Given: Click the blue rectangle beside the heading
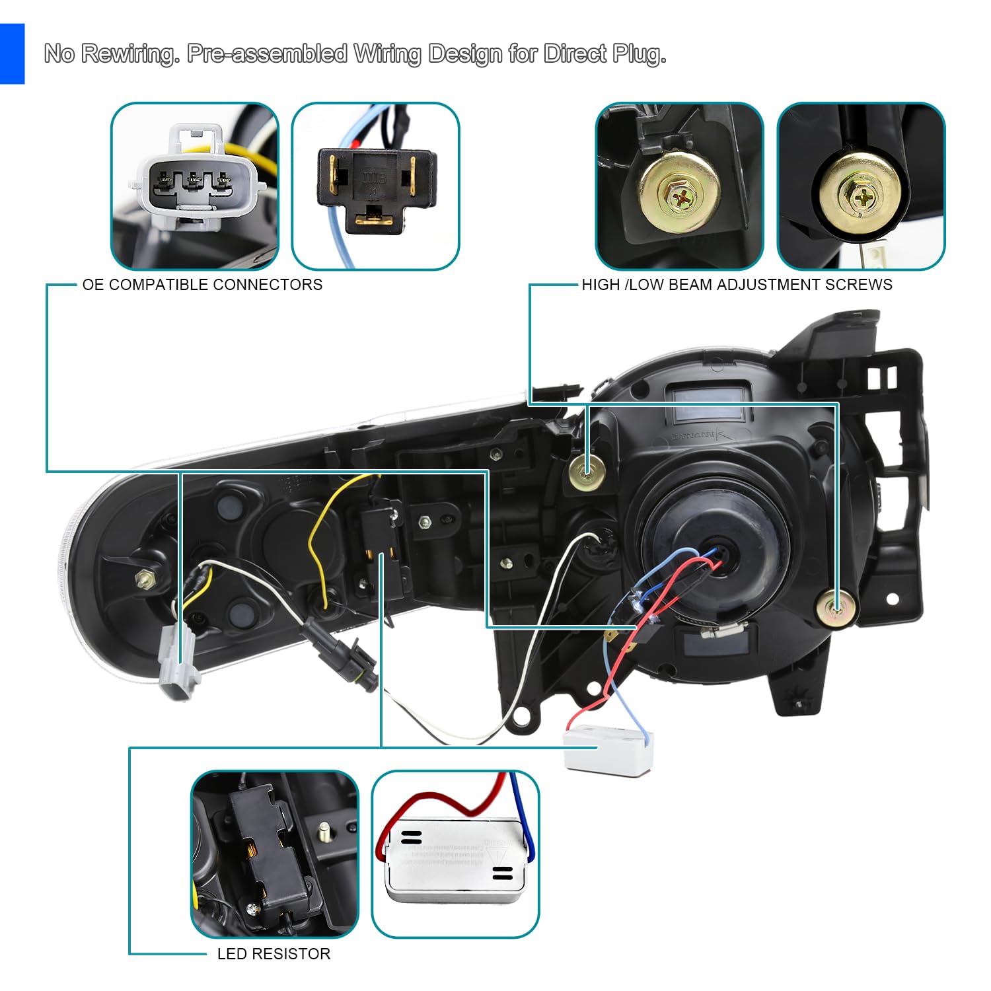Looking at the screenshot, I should [12, 54].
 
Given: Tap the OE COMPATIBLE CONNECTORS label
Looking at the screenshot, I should [202, 285].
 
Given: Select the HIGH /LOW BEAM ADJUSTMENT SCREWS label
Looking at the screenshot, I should [737, 285].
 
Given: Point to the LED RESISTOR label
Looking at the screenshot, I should [274, 953].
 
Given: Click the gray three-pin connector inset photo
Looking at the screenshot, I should [195, 186].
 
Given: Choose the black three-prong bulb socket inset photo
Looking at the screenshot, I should [375, 186].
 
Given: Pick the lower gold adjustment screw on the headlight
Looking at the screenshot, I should [836, 608].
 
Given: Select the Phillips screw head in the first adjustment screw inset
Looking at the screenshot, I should [680, 195].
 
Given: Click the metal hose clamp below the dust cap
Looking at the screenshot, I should [723, 632].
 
